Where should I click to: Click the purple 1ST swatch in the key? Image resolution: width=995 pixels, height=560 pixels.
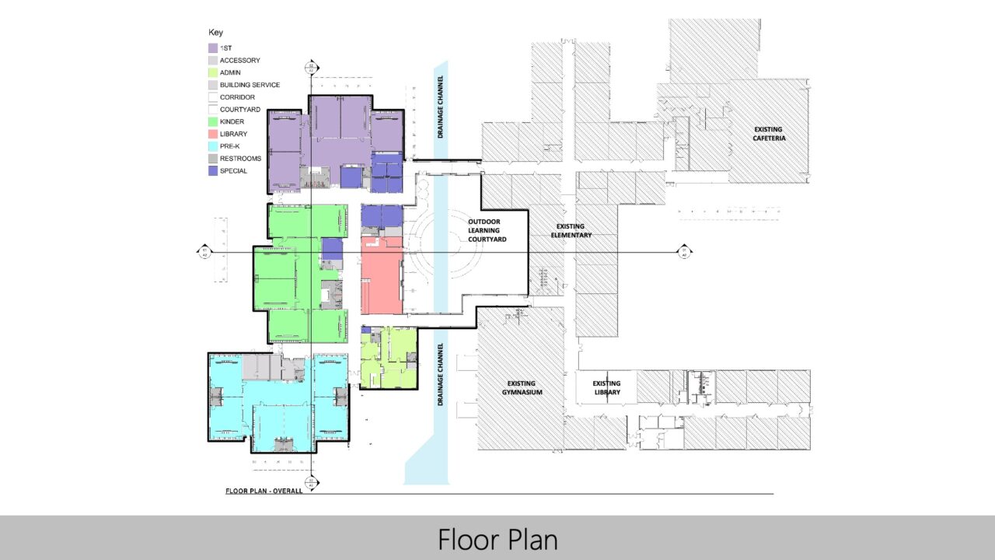pos(213,48)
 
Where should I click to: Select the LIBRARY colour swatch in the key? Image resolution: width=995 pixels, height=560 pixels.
pos(213,134)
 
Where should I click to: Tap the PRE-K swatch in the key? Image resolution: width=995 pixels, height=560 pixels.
pos(213,146)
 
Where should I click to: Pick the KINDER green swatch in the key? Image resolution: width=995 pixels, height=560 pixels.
pos(213,121)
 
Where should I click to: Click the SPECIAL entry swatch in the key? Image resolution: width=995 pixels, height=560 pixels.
pos(213,170)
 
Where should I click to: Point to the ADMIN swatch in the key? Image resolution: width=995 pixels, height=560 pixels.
pos(213,72)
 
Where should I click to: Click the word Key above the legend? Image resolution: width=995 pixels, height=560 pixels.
pos(215,33)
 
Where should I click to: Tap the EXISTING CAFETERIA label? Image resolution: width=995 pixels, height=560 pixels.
pos(769,133)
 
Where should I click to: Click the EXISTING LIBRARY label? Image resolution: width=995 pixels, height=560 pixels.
pos(606,387)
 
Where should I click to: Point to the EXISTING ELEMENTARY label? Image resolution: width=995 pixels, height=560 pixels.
pos(571,230)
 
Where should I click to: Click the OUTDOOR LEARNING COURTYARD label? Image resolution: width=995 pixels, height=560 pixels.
pos(487,230)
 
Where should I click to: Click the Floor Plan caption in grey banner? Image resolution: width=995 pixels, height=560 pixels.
pos(497,538)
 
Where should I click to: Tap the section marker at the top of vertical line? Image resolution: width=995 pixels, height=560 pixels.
pos(311,67)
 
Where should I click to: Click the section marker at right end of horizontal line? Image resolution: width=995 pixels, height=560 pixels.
pos(684,251)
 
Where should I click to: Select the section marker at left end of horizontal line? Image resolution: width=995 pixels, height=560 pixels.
pos(204,251)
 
